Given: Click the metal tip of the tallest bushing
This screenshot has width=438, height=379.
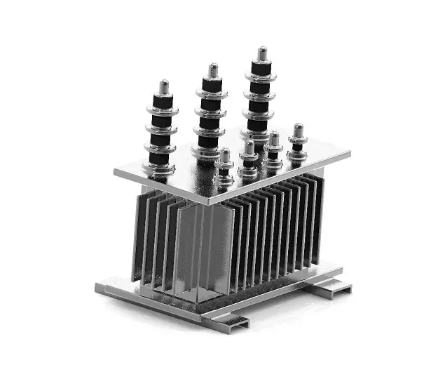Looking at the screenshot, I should click(262, 53).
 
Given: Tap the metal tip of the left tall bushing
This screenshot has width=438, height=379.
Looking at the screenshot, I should click(164, 86).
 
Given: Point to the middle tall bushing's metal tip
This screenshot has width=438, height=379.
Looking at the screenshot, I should click(213, 70).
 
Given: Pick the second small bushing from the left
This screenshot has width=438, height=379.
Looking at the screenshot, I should click(249, 159).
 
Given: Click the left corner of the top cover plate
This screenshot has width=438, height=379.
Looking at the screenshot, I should click(116, 171).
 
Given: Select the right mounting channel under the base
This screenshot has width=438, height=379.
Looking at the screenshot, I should click(330, 288).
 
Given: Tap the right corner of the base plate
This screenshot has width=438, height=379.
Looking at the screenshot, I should click(341, 270).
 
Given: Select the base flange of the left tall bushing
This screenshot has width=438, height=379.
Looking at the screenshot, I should click(160, 167).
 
